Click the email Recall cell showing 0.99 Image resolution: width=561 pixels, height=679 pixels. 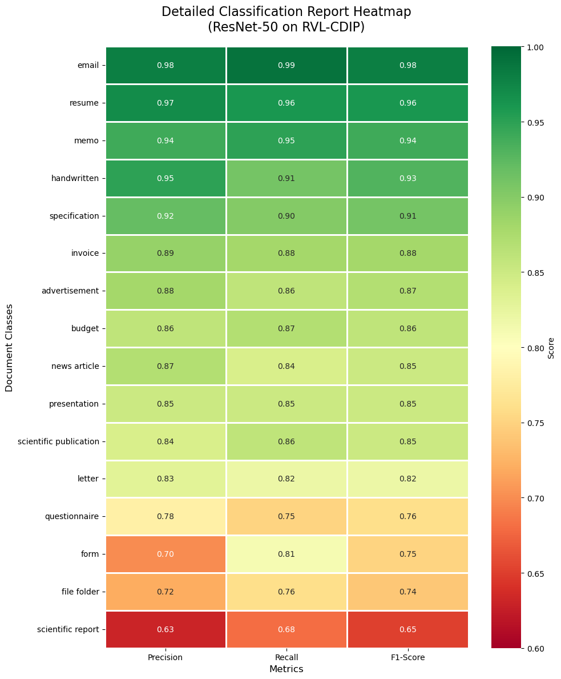point(286,65)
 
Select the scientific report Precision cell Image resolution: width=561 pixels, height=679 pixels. point(166,629)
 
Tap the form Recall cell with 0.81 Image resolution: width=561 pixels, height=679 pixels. point(286,554)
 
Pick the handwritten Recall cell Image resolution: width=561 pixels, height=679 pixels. point(286,178)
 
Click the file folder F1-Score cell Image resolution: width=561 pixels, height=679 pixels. point(407,592)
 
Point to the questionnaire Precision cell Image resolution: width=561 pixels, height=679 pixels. point(166,516)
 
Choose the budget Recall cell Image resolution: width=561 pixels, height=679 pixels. point(286,328)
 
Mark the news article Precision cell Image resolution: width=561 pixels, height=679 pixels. point(166,366)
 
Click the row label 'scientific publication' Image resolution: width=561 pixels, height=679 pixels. point(58,441)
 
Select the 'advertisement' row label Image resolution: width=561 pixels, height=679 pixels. point(70,291)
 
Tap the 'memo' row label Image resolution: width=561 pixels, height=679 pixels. point(87,140)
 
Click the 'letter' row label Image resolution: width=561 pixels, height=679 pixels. point(88,479)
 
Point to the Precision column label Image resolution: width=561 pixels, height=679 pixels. point(166,657)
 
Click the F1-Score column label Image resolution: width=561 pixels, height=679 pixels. point(407,657)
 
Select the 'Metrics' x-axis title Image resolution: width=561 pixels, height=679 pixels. point(286,669)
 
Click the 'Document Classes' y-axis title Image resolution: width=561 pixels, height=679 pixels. point(9,347)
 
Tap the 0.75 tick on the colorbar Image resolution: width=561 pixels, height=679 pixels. point(535,423)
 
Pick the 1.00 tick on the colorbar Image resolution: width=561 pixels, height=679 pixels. point(535,47)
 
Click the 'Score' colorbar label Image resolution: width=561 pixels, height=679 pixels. point(551,347)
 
